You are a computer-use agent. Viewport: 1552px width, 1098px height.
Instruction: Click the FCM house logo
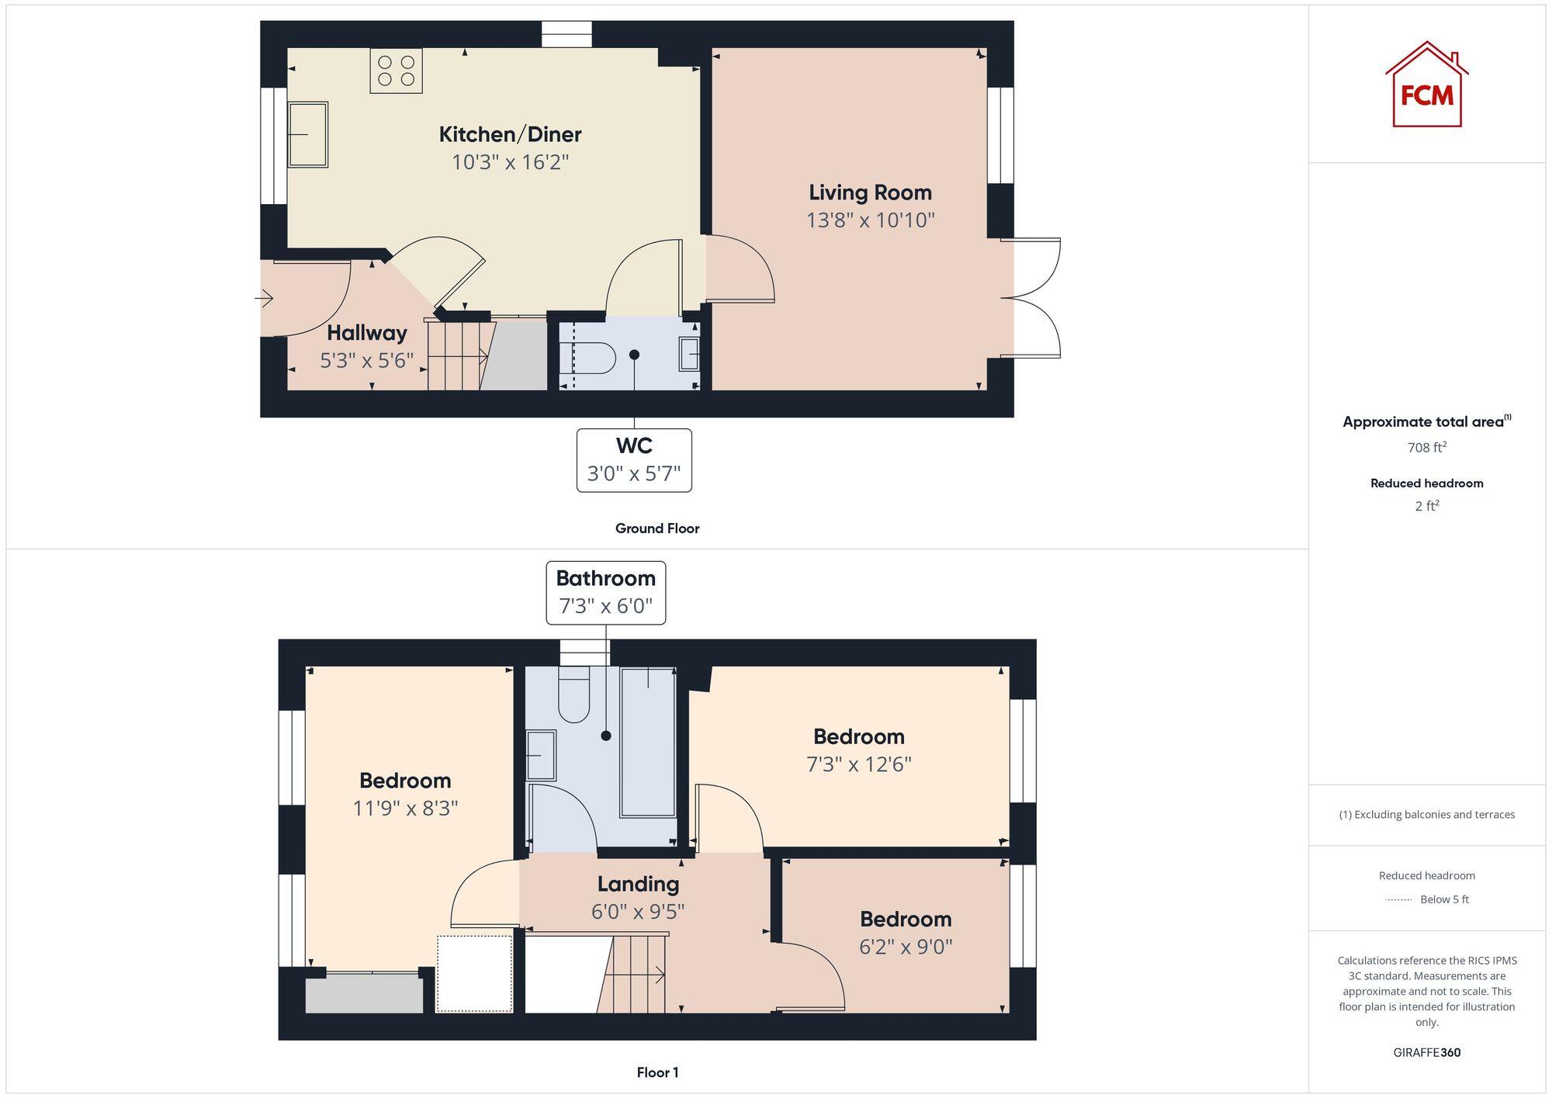click(1426, 85)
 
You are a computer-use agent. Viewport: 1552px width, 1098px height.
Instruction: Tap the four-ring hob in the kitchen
click(396, 71)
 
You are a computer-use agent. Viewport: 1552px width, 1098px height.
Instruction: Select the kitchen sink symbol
click(307, 134)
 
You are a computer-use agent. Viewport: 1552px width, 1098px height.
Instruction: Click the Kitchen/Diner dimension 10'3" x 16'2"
click(510, 162)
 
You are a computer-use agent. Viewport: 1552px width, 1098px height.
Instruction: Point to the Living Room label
click(870, 192)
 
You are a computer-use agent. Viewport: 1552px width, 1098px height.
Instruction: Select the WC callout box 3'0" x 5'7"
click(634, 460)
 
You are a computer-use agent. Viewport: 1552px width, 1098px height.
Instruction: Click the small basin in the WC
click(689, 355)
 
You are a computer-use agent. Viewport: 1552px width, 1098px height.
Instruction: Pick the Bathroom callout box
click(605, 592)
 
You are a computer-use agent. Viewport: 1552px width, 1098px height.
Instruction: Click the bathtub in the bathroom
click(647, 743)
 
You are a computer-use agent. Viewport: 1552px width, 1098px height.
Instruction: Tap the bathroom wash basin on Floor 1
click(541, 755)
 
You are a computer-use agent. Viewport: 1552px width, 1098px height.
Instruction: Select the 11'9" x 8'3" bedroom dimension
click(405, 809)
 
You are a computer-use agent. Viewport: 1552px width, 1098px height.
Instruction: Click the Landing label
click(638, 884)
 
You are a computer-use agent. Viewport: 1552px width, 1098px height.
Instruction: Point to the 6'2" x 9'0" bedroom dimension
click(906, 947)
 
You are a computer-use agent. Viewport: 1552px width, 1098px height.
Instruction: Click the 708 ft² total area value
click(1426, 448)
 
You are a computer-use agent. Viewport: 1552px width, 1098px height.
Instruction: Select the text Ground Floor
click(656, 528)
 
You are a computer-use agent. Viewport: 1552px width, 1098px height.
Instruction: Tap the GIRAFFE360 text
click(1426, 1053)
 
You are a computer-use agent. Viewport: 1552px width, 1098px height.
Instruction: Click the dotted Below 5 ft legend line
click(1398, 900)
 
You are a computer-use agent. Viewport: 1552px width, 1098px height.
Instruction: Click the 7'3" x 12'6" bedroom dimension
click(858, 764)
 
